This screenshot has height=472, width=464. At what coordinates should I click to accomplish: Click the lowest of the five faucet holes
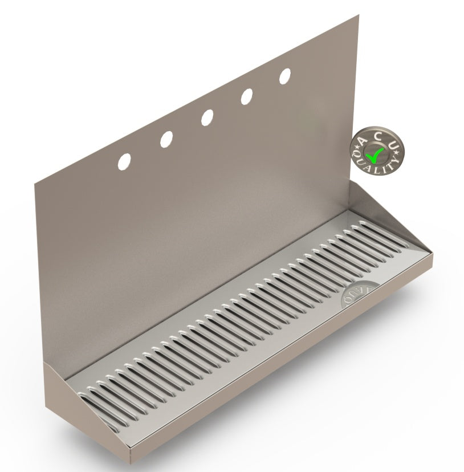tap(124, 161)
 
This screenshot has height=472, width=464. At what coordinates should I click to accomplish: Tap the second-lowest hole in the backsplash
tap(166, 139)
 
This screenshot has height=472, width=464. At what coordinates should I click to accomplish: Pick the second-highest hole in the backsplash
tap(247, 96)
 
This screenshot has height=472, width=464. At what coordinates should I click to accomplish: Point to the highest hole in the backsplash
tap(285, 76)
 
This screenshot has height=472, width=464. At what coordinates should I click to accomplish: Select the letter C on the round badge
tap(378, 136)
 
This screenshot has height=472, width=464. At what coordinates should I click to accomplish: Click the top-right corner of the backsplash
tap(359, 17)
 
